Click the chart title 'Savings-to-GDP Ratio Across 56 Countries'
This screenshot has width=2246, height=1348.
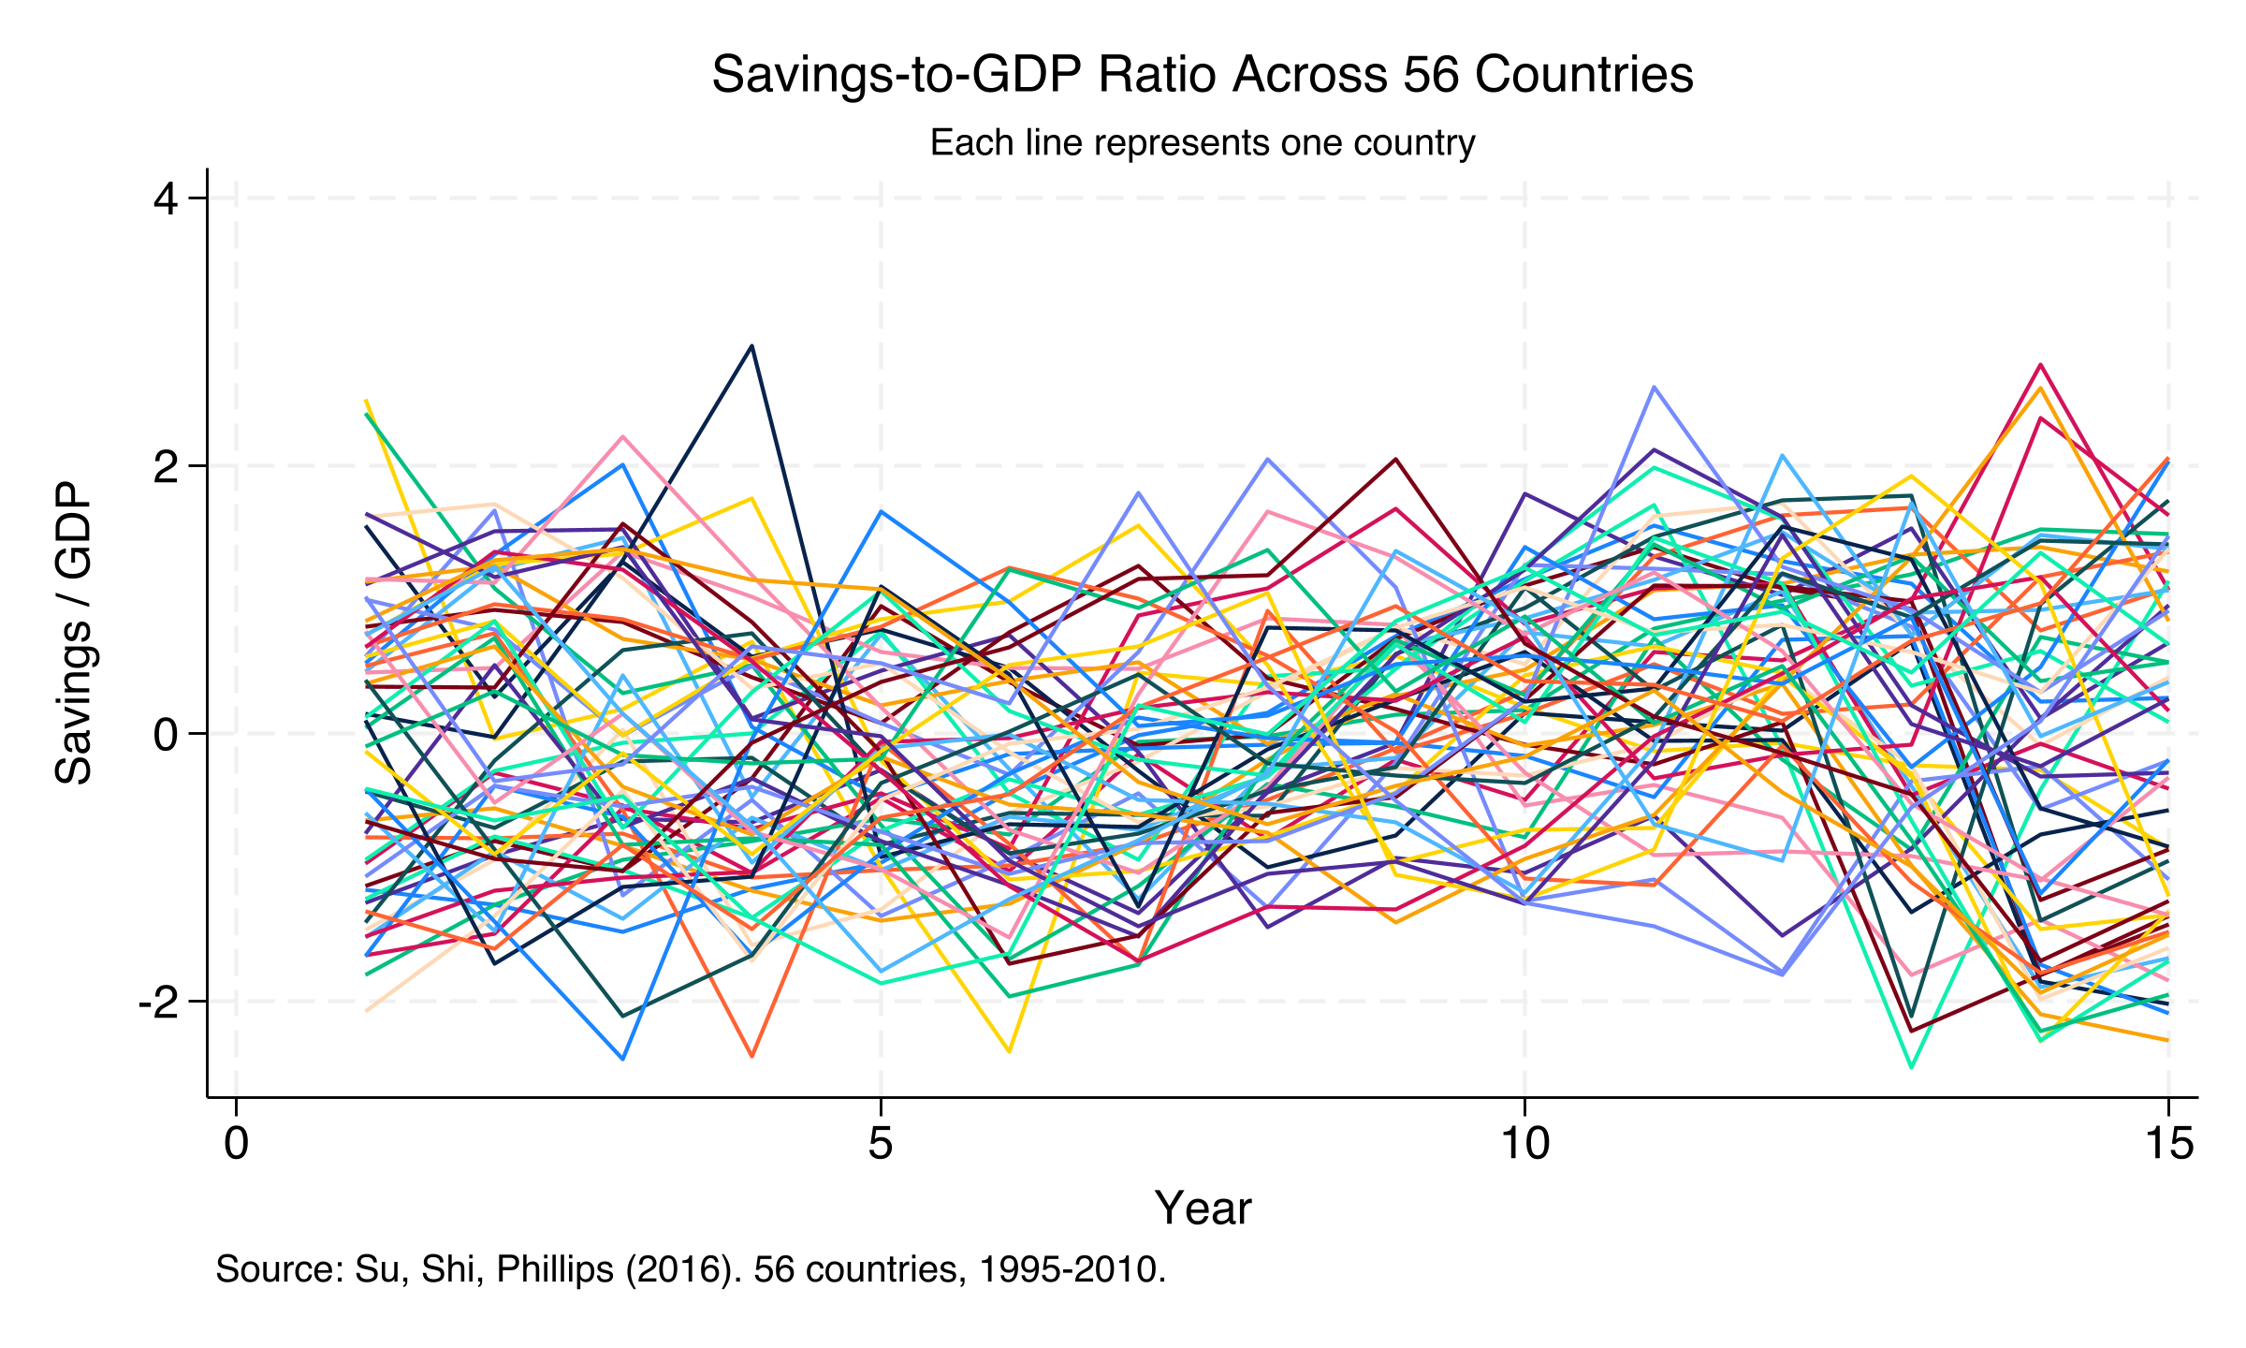point(1202,74)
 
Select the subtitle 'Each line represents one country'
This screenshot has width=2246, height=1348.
point(1202,143)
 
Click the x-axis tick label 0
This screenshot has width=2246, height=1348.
point(237,1144)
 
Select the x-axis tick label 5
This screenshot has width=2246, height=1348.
point(881,1144)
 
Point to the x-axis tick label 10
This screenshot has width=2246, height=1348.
point(1525,1144)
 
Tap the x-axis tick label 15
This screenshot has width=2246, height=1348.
point(2167,1144)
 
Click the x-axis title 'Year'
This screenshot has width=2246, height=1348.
point(1202,1208)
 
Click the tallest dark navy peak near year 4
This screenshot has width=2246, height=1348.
point(751,346)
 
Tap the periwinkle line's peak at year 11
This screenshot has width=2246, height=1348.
point(1655,387)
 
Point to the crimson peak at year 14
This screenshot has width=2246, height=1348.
point(2041,365)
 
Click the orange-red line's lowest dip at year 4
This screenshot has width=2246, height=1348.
point(751,1057)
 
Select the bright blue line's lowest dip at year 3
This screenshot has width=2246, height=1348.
point(623,1060)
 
